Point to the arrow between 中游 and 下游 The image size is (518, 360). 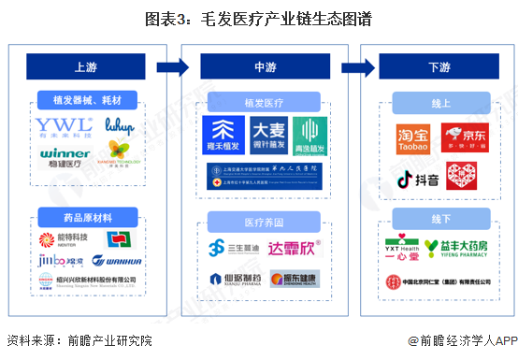[x=354, y=67]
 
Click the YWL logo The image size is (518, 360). [x=63, y=126]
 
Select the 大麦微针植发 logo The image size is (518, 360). [x=270, y=137]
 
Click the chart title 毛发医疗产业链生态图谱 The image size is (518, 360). [x=258, y=19]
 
